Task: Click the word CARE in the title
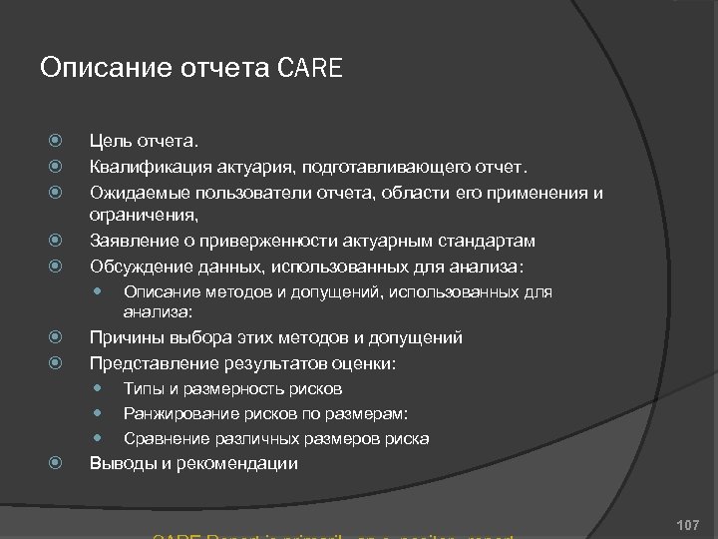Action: click(310, 69)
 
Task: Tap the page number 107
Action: click(687, 524)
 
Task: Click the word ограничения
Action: click(142, 215)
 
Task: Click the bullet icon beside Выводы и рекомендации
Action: click(58, 463)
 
